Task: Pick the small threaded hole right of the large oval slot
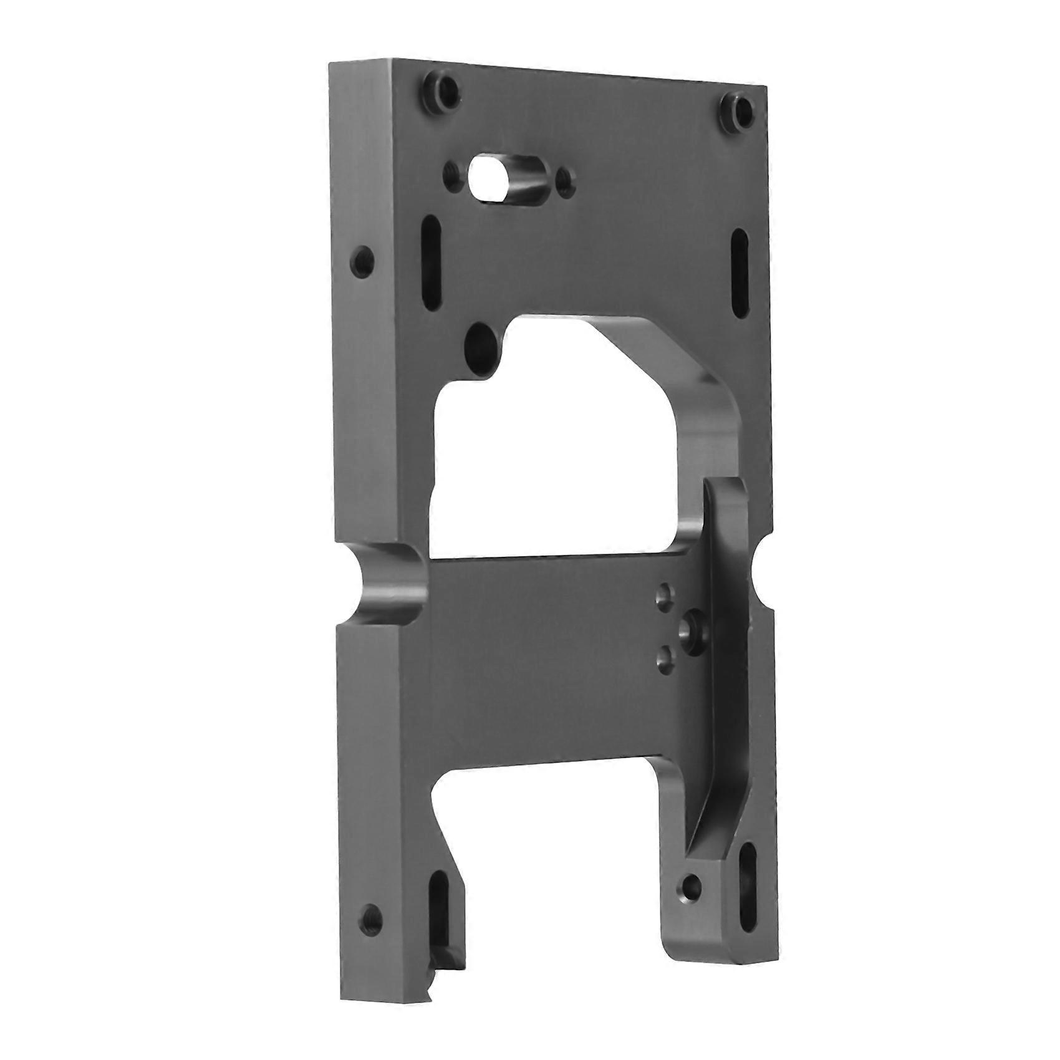point(566,181)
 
